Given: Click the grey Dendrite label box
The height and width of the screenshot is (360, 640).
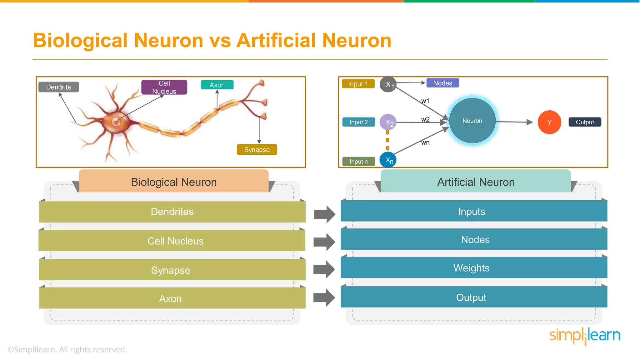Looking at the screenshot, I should pyautogui.click(x=58, y=87).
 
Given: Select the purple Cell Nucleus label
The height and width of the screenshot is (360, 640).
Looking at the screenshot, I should pyautogui.click(x=164, y=87).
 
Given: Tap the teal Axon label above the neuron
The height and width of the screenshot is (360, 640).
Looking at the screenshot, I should pyautogui.click(x=217, y=85).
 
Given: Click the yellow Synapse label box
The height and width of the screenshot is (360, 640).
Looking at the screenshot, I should pyautogui.click(x=257, y=150).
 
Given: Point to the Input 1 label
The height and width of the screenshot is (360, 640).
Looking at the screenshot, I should pyautogui.click(x=358, y=84).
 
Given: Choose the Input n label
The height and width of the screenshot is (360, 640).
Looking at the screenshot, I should pyautogui.click(x=358, y=162).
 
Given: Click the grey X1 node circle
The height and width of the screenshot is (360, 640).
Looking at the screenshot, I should pyautogui.click(x=388, y=84).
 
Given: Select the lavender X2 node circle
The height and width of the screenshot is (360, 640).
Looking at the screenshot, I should pyautogui.click(x=388, y=122).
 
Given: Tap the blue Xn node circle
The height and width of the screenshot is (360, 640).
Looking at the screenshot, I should pyautogui.click(x=388, y=160).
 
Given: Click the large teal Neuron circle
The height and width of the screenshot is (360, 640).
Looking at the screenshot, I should pyautogui.click(x=472, y=121).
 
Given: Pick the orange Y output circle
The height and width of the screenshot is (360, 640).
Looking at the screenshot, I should pyautogui.click(x=549, y=122).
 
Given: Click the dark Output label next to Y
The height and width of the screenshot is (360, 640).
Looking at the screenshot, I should pyautogui.click(x=585, y=122).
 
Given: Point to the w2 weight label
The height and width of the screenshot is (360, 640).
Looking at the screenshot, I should pyautogui.click(x=425, y=119).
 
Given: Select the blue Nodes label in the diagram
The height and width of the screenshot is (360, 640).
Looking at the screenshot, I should pyautogui.click(x=442, y=83).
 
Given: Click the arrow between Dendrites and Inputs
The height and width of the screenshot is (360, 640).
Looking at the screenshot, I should pyautogui.click(x=324, y=214).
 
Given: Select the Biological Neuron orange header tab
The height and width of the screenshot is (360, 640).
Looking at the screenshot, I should pyautogui.click(x=173, y=182).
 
